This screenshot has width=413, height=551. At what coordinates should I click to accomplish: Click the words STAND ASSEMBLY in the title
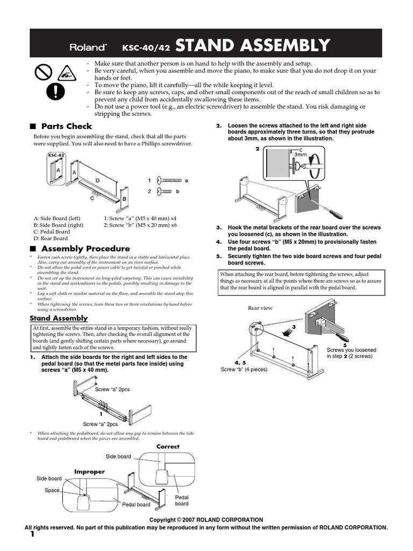(252, 46)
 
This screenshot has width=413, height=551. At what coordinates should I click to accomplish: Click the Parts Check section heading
(67, 126)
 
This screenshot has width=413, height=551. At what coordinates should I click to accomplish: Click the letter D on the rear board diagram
(97, 179)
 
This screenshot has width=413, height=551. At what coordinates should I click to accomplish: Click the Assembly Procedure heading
(85, 249)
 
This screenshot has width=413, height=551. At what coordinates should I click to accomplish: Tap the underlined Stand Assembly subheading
(58, 318)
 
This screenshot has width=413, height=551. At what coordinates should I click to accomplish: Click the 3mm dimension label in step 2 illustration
(300, 154)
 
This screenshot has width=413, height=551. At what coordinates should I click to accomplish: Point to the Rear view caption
(260, 308)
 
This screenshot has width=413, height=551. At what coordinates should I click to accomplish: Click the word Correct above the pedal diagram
(168, 447)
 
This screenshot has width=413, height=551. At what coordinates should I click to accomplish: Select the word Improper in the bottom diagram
(89, 471)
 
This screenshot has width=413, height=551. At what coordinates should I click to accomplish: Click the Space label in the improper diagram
(52, 490)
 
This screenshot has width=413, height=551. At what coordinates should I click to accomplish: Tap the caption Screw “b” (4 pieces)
(244, 369)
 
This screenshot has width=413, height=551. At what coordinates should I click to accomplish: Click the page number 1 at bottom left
(32, 534)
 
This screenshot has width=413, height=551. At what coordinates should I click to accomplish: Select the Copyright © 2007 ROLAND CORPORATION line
(206, 520)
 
